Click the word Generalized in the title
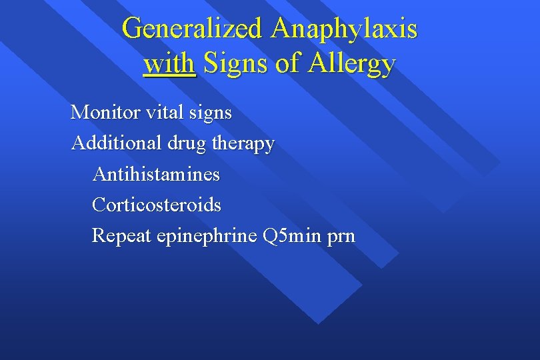pyautogui.click(x=193, y=29)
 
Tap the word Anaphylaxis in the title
pyautogui.click(x=345, y=29)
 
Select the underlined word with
pyautogui.click(x=169, y=63)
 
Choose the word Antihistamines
pyautogui.click(x=156, y=174)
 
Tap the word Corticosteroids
pyautogui.click(x=157, y=205)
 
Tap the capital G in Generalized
pyautogui.click(x=133, y=29)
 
